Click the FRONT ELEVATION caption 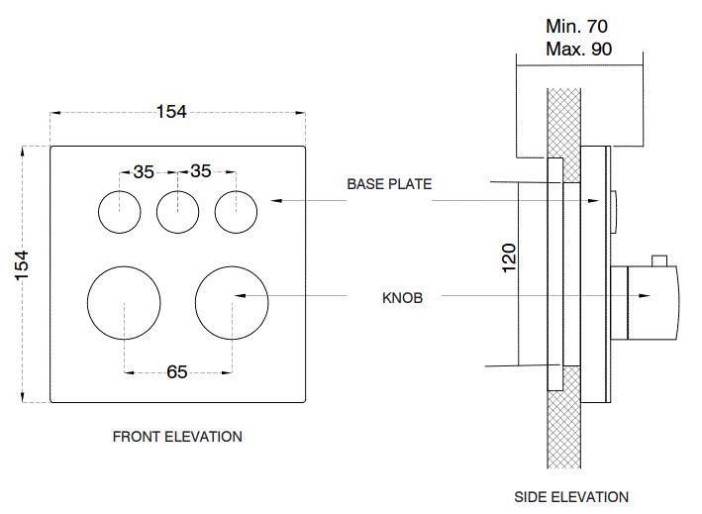click(x=177, y=436)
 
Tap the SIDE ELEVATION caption click(x=571, y=497)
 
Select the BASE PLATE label click(x=389, y=184)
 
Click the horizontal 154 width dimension click(x=171, y=112)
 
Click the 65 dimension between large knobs click(x=177, y=372)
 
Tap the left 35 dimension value click(x=144, y=171)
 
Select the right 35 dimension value click(x=201, y=171)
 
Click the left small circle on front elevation click(x=119, y=211)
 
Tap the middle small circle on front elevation click(x=177, y=211)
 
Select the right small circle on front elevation click(x=236, y=211)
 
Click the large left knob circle click(x=124, y=302)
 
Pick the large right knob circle click(x=232, y=302)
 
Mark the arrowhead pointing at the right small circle click(x=277, y=201)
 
